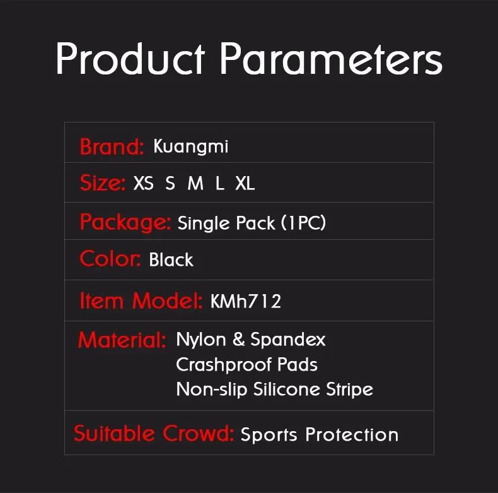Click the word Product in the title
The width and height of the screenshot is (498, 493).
tap(129, 60)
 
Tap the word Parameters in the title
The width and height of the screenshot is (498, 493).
tap(331, 60)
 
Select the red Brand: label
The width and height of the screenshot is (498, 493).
tap(112, 147)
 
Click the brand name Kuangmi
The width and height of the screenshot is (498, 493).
tap(190, 147)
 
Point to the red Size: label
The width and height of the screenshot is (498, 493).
tap(103, 184)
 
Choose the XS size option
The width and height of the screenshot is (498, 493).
tap(144, 184)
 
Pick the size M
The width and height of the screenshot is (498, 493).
tap(195, 184)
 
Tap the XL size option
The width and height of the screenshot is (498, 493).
tap(245, 184)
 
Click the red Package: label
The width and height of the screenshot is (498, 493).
tap(125, 222)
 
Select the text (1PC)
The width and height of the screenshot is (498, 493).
tap(303, 223)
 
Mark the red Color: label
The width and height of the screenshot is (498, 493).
tap(110, 259)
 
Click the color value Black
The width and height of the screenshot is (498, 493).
tap(171, 260)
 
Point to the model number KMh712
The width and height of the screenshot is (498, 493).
tap(246, 302)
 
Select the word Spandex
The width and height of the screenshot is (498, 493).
tap(288, 340)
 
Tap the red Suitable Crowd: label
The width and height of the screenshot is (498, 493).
tap(154, 434)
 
